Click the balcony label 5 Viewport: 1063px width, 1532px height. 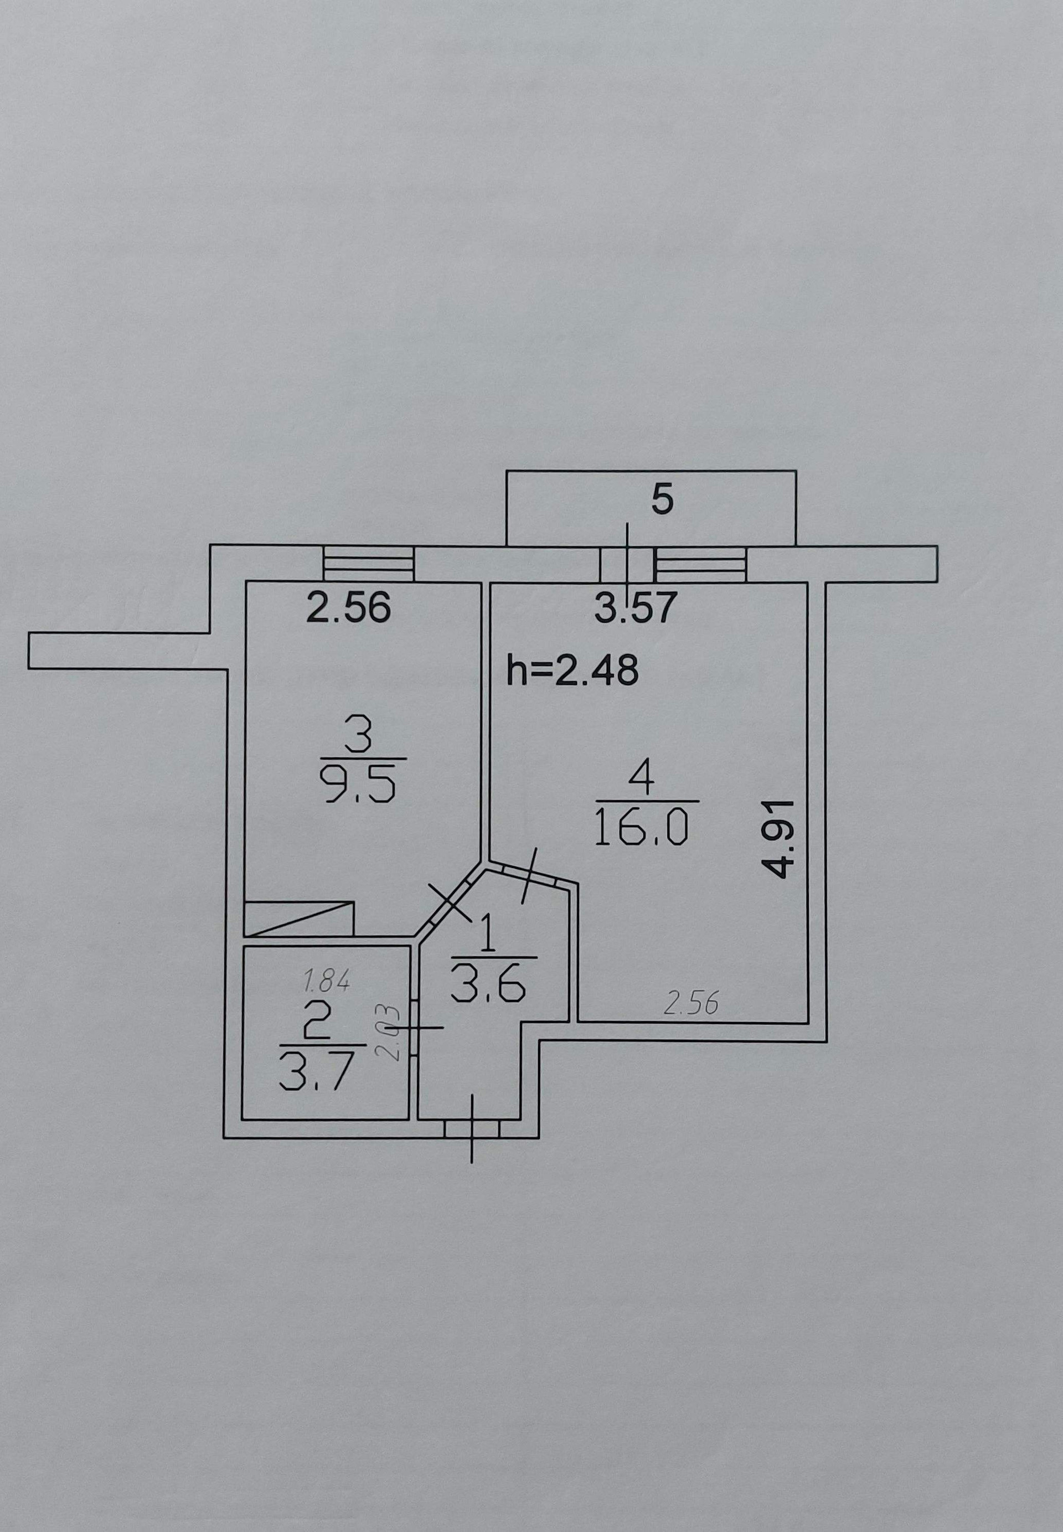point(662,500)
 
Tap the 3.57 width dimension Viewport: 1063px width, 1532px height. point(636,607)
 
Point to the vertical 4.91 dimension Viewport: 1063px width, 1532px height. point(777,839)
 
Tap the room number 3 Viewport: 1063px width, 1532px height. point(360,737)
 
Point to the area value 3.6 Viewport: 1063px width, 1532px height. point(488,985)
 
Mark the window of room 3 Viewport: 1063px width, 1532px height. point(368,564)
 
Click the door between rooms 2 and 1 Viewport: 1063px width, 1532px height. point(414,1028)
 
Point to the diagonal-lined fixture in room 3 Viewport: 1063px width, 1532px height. point(299,919)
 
